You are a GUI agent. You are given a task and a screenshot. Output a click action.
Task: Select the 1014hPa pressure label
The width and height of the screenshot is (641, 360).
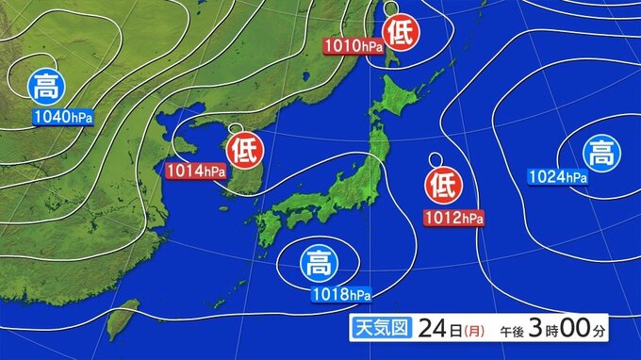coord(196,171)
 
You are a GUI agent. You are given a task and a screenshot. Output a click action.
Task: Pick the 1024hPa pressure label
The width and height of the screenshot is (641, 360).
coord(558,176)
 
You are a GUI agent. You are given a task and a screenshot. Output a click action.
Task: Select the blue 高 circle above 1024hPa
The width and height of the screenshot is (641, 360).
coord(599,151)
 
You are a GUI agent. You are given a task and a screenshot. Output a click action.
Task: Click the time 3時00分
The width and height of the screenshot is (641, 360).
coord(569,332)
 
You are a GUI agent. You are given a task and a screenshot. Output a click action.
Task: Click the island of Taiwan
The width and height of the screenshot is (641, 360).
coord(118,320)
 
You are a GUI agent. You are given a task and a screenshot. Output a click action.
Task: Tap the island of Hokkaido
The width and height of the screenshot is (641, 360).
coord(406,94)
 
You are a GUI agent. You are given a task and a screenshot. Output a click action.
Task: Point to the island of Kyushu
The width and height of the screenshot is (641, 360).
coord(267,226)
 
